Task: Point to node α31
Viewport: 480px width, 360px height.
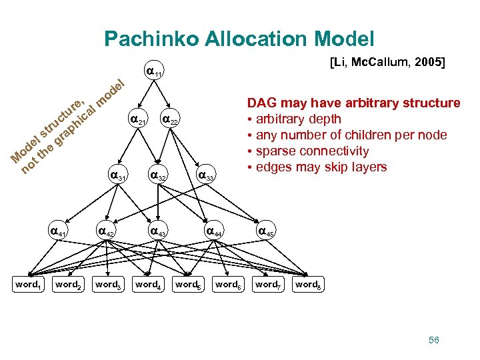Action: (118, 177)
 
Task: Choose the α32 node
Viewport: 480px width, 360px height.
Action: (158, 177)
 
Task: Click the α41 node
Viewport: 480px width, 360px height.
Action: (58, 232)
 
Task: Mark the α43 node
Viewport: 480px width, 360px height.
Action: (158, 232)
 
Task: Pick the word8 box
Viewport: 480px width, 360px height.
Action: (307, 285)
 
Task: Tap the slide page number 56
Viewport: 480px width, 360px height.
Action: (434, 340)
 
